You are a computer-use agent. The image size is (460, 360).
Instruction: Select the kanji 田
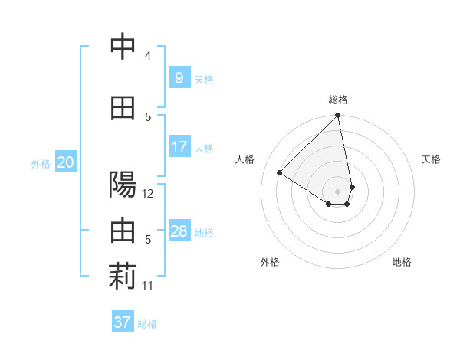pyautogui.click(x=123, y=109)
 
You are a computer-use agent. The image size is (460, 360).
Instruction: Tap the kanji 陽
pyautogui.click(x=123, y=185)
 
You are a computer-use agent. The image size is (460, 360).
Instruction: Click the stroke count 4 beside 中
pyautogui.click(x=148, y=56)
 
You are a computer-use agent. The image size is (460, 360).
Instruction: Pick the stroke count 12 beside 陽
pyautogui.click(x=148, y=194)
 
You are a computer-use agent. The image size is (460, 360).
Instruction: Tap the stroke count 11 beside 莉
pyautogui.click(x=148, y=286)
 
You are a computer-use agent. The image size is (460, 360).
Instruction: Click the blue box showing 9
pyautogui.click(x=179, y=77)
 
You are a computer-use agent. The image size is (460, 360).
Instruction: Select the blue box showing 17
pyautogui.click(x=179, y=146)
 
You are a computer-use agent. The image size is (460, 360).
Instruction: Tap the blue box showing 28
pyautogui.click(x=179, y=231)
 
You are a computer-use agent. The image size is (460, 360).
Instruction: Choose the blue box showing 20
pyautogui.click(x=66, y=162)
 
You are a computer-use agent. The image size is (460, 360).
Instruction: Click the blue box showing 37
pyautogui.click(x=123, y=322)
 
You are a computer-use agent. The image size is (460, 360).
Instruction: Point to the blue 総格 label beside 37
pyautogui.click(x=148, y=324)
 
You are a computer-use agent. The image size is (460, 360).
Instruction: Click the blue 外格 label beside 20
pyautogui.click(x=41, y=163)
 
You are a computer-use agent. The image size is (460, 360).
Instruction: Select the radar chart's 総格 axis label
pyautogui.click(x=338, y=100)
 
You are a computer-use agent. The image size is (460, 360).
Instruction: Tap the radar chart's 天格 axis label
pyautogui.click(x=432, y=159)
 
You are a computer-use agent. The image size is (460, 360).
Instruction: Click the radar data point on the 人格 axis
pyautogui.click(x=280, y=173)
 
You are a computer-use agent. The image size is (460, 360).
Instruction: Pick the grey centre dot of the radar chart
pyautogui.click(x=338, y=191)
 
